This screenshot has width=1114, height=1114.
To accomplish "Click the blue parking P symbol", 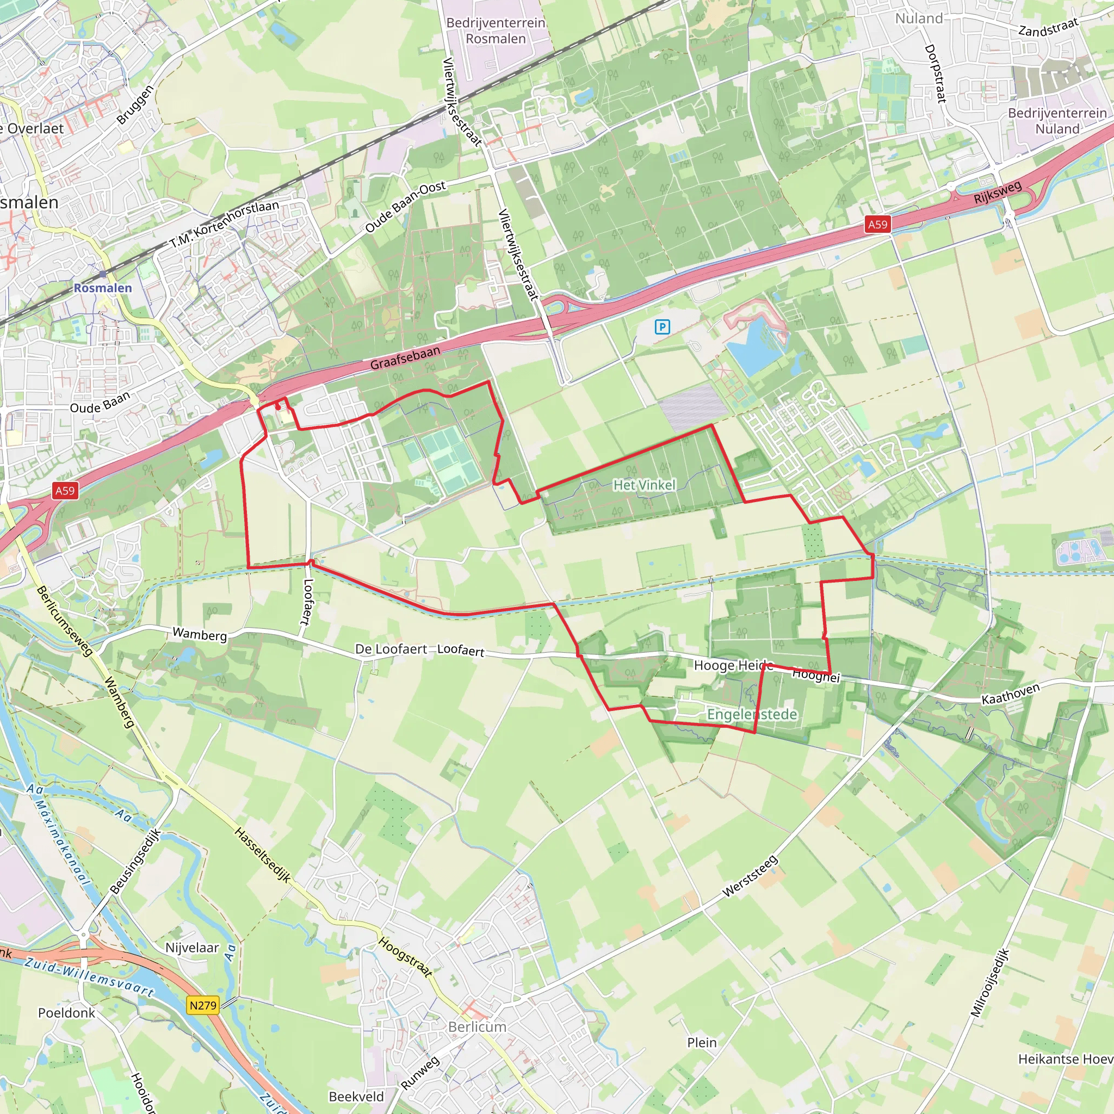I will click(x=662, y=327).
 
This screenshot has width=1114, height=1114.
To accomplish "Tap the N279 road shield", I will click(x=203, y=1006).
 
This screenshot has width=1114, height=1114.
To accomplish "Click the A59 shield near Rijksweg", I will click(x=877, y=224).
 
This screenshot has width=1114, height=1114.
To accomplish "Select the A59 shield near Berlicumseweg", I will click(x=65, y=491).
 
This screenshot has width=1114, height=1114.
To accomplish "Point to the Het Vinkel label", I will click(x=644, y=485).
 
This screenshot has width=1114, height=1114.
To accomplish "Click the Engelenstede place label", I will click(x=752, y=714).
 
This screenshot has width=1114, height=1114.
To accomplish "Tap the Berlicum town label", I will click(x=478, y=1027).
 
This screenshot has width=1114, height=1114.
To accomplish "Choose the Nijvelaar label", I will click(x=192, y=948).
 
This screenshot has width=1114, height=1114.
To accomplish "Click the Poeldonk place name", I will click(x=66, y=1013).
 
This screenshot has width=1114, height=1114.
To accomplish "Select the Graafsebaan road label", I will click(x=405, y=357).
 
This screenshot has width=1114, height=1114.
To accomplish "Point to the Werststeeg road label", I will click(x=750, y=877).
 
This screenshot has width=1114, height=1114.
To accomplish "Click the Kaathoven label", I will click(x=1010, y=694).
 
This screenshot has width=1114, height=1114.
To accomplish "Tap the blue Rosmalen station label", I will click(x=103, y=288).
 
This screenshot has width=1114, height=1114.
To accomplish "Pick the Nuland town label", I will click(x=919, y=18).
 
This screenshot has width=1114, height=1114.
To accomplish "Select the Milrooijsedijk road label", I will click(x=990, y=983).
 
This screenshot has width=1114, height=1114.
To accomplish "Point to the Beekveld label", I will click(x=356, y=1097).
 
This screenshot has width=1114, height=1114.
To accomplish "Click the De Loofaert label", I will click(x=391, y=649).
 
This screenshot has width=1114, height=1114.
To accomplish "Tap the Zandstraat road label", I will click(x=1048, y=27).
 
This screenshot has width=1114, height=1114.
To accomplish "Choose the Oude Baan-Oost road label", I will click(x=405, y=206).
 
